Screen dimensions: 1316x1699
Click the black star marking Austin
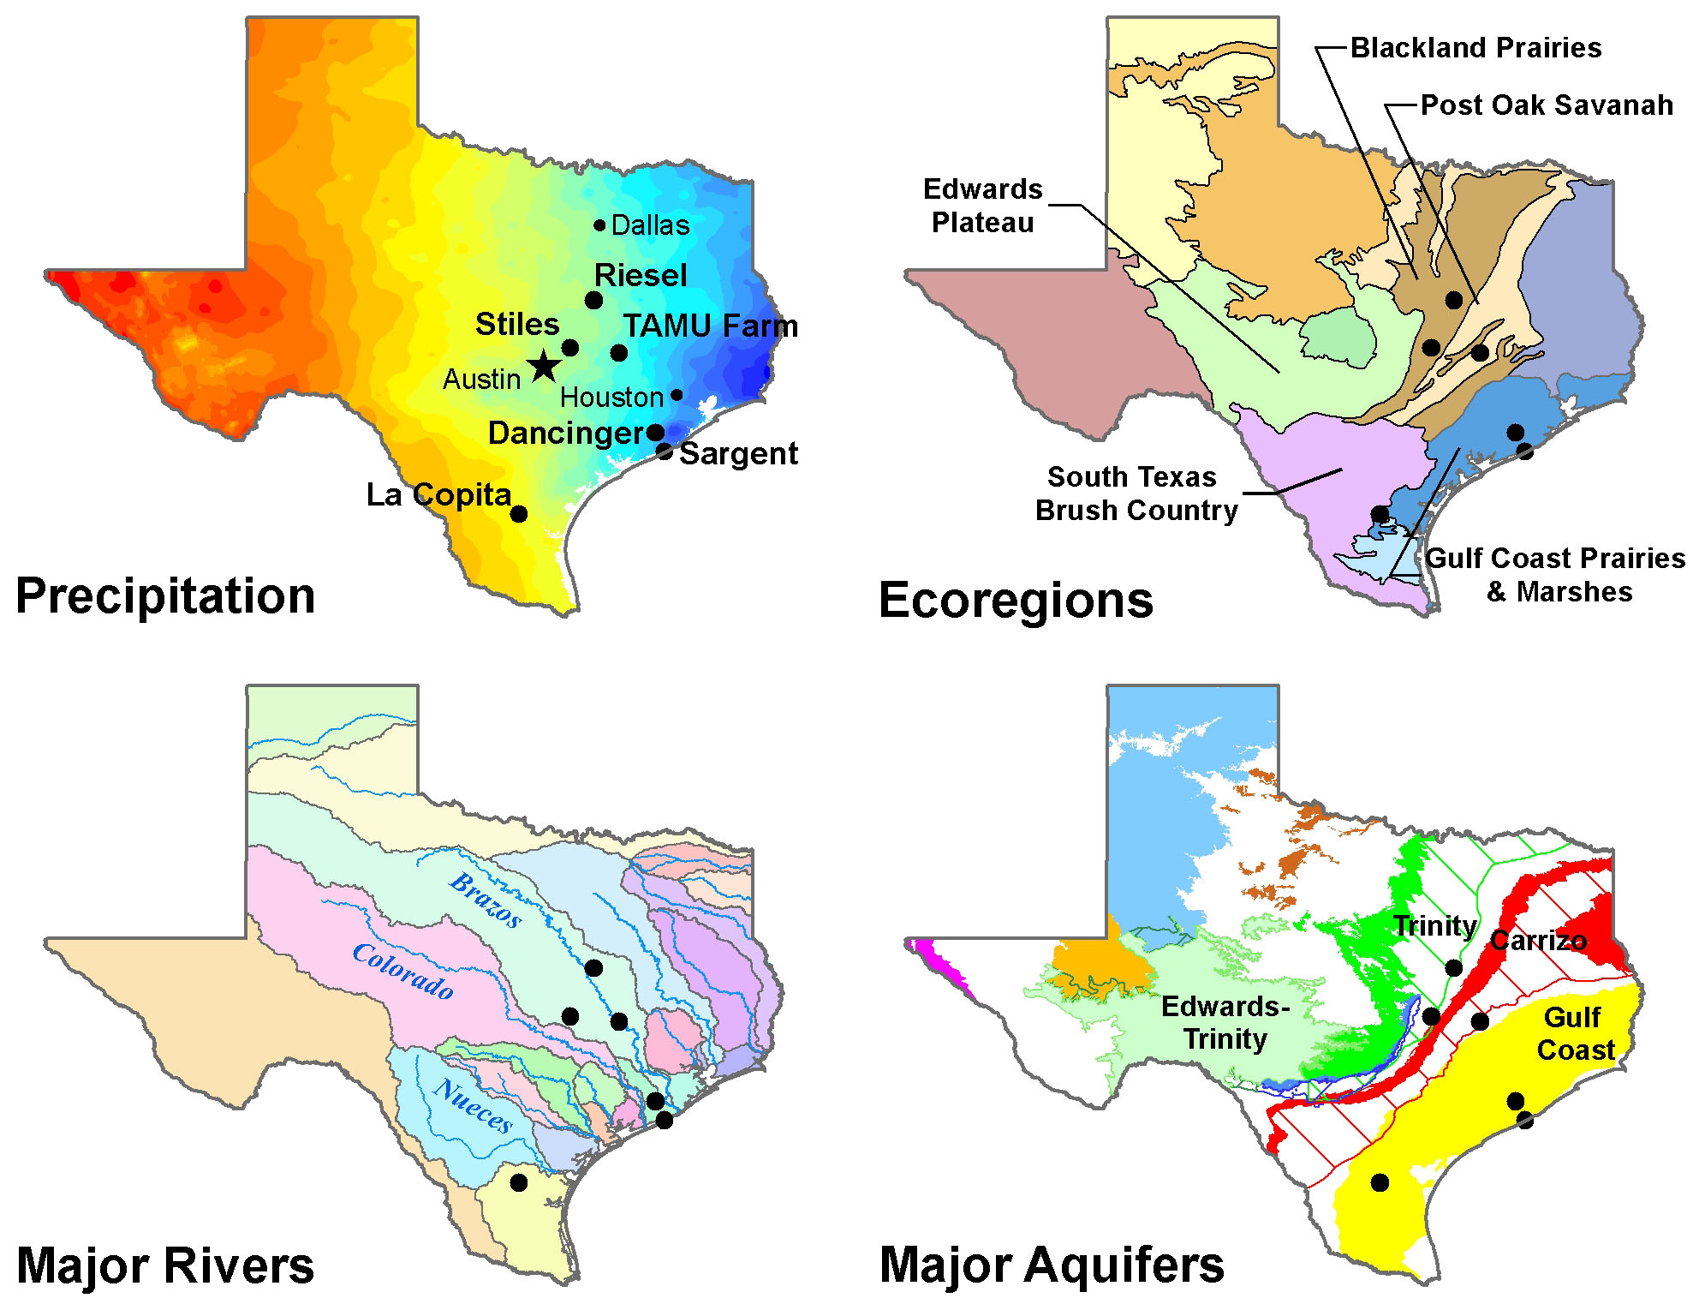pos(545,366)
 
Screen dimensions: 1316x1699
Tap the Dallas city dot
pos(599,225)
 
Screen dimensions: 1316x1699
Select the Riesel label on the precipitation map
pos(641,275)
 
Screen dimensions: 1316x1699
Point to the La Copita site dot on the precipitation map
pos(519,514)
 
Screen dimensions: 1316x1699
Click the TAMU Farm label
pos(710,326)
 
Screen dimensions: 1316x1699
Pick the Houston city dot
pos(677,395)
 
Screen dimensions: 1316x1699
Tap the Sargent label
pos(738,453)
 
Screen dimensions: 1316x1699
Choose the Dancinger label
pos(565,433)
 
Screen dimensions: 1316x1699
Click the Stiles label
pos(517,324)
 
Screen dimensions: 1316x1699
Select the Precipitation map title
pos(165,595)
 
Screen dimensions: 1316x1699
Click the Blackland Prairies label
pos(1475,48)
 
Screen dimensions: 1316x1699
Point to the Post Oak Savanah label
pos(1547,105)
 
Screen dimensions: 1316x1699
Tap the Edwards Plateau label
pos(983,206)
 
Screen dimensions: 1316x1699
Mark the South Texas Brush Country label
pos(1136,493)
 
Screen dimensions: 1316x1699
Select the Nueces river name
pos(474,1105)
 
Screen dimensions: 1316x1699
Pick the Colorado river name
pos(402,971)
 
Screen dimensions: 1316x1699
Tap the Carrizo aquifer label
pos(1538,941)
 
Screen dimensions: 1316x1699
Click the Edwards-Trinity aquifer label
pos(1225,1022)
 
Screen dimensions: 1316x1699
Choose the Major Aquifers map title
pos(1052,1265)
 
